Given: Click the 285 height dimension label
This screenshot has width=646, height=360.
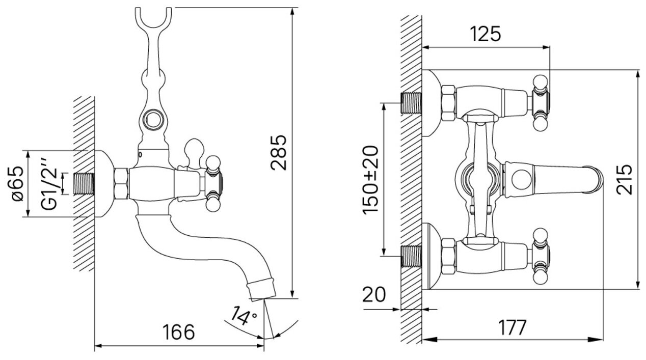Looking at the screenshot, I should coord(279,152).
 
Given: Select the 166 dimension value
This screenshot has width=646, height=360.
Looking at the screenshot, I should coord(179,331).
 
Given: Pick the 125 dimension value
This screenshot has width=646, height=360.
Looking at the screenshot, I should coord(485,34).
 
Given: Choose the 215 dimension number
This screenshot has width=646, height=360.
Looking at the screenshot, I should coord(625,179).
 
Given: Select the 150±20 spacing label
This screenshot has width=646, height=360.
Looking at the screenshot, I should coord(370,179).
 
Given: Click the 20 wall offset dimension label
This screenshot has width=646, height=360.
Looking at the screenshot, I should coord(374,295).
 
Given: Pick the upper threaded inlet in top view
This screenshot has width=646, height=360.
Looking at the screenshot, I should coord(412,102).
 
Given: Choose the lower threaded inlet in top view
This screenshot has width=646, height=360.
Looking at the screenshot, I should coord(412,256).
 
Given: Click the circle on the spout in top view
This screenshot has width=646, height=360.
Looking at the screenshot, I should coord(520,180).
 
